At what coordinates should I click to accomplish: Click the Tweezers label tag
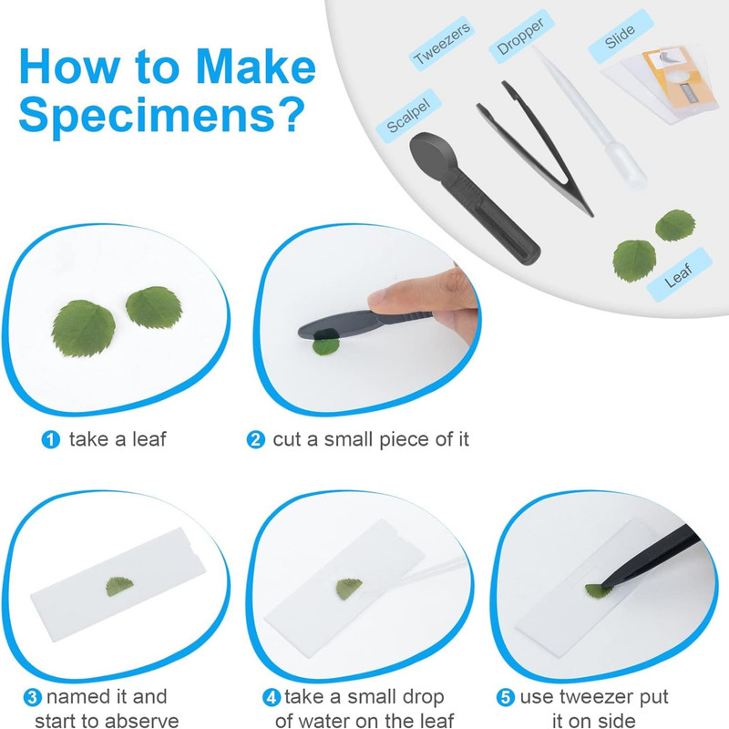442,43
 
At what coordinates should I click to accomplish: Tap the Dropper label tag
520,36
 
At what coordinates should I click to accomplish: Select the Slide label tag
621,36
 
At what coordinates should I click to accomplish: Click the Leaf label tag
679,274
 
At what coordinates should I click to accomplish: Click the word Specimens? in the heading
161,115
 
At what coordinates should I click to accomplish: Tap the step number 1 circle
51,439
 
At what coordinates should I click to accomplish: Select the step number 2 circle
256,439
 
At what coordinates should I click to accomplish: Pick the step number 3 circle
33,697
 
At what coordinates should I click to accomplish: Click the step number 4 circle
272,697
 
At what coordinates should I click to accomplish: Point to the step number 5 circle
506,697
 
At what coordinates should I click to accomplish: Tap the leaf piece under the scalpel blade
326,346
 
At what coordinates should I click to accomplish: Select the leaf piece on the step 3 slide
119,586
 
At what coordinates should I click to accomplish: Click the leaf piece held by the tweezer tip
598,591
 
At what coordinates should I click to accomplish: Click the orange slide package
679,77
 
